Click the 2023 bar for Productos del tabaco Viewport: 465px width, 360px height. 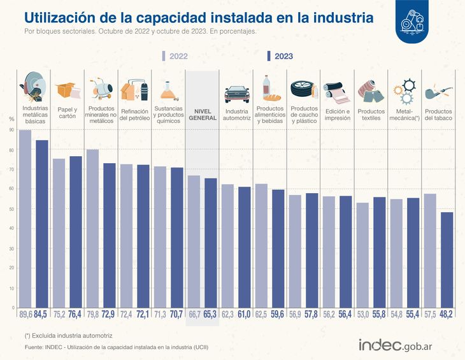(447, 260)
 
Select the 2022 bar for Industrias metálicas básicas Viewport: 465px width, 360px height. (25, 219)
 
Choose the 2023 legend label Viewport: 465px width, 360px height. (284, 56)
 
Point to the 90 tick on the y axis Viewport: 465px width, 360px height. (11, 130)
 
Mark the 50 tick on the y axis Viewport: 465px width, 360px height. (11, 209)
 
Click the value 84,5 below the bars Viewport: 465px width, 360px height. (42, 315)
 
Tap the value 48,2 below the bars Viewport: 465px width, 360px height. (447, 315)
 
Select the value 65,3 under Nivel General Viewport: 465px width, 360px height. (210, 315)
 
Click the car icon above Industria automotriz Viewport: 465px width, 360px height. (236, 93)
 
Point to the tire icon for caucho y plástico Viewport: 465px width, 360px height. (303, 89)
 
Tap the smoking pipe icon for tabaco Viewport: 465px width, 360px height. (438, 90)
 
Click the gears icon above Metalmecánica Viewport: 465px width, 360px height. (404, 91)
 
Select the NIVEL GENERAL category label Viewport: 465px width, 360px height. (202, 115)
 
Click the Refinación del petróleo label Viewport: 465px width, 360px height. (134, 115)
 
